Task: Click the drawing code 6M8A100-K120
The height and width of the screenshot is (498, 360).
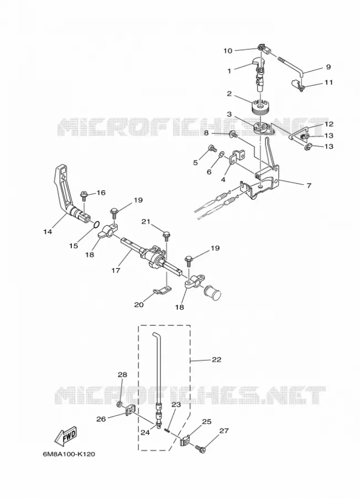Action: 69,454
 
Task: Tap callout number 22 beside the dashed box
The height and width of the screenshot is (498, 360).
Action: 217,360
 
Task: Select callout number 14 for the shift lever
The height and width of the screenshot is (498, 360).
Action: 48,232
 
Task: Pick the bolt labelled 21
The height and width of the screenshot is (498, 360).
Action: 166,236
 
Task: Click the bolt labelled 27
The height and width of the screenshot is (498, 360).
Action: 200,449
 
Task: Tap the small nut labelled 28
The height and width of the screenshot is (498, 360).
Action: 119,404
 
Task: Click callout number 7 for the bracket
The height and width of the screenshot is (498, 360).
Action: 309,185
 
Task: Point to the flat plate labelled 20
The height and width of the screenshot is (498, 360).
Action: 161,289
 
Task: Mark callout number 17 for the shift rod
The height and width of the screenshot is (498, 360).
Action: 116,270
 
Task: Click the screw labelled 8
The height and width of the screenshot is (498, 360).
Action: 233,134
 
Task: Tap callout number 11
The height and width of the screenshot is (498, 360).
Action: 328,82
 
